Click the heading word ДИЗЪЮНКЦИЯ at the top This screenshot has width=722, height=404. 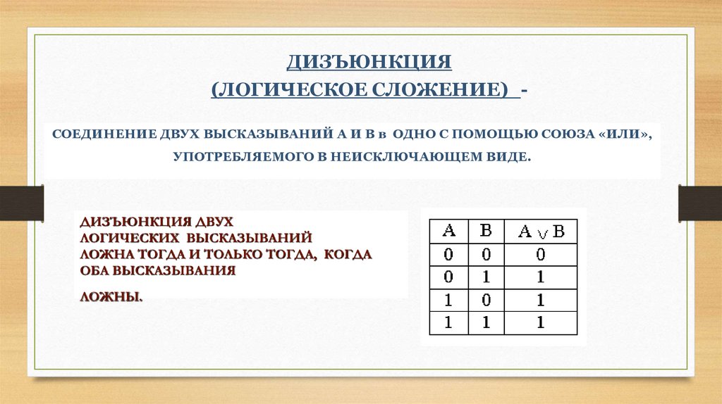click(x=369, y=63)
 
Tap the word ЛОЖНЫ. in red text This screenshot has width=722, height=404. click(x=111, y=297)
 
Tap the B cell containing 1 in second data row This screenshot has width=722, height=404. click(x=486, y=277)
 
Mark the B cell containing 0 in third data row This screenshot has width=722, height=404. click(x=486, y=300)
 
